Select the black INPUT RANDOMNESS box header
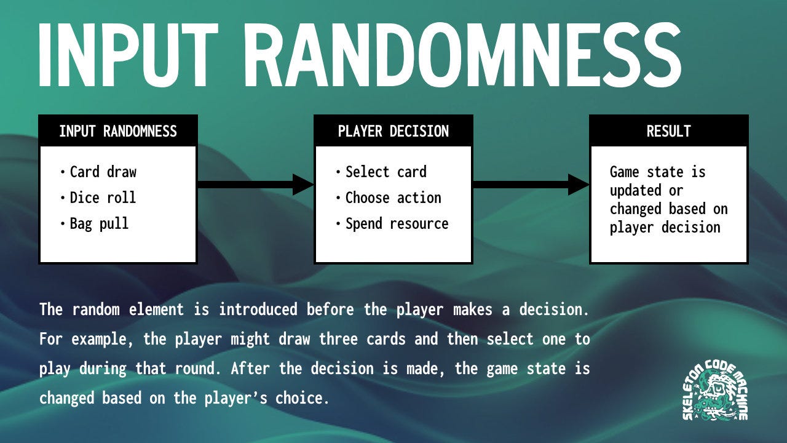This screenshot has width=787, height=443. (118, 131)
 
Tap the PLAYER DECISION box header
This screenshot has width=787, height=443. (393, 131)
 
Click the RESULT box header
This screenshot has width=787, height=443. (668, 131)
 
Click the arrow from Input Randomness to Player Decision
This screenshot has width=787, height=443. (255, 184)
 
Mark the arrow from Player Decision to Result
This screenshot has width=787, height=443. (531, 184)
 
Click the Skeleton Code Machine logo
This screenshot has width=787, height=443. (715, 391)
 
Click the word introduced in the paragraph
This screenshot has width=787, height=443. (258, 309)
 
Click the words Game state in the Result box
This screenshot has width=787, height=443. (657, 172)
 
